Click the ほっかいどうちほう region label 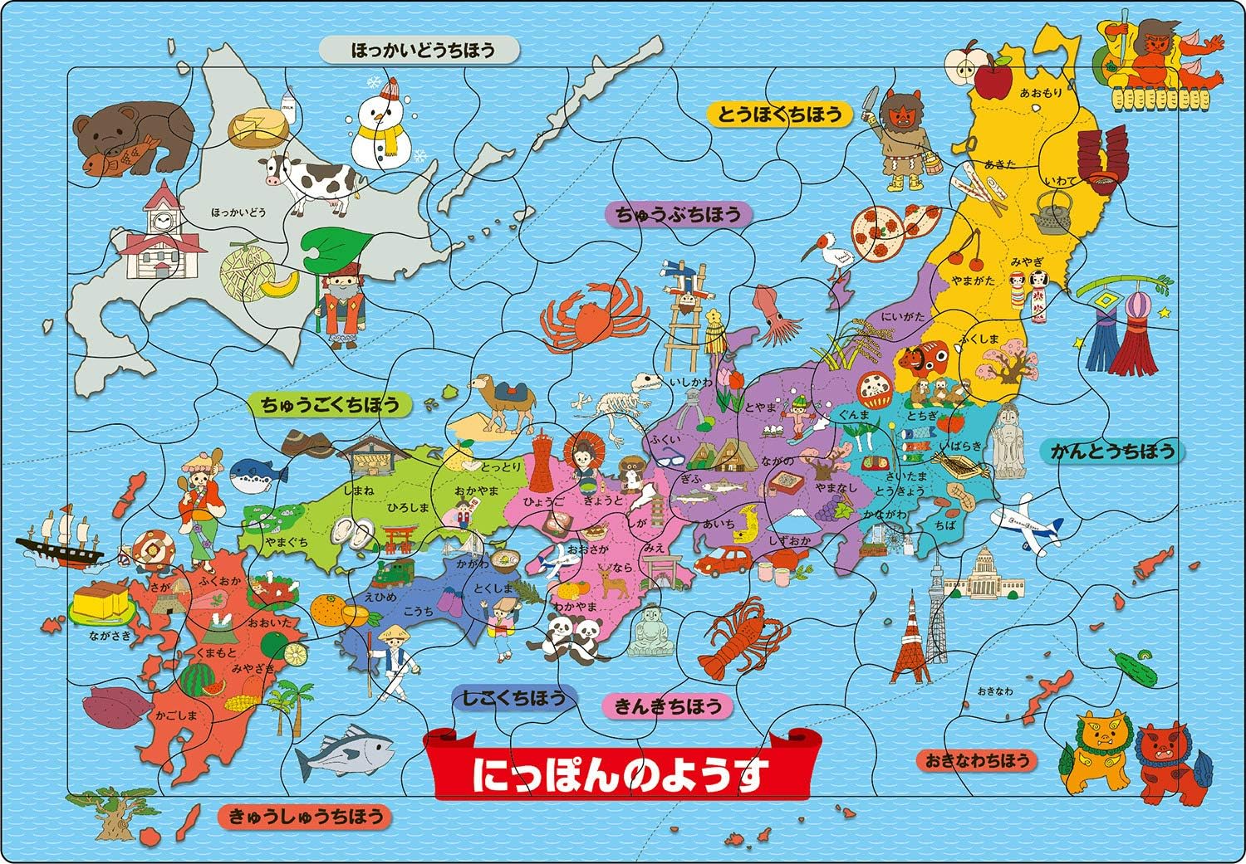click(419, 51)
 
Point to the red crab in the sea click(586, 315)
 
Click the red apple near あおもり click(989, 81)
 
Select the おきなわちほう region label click(977, 759)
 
